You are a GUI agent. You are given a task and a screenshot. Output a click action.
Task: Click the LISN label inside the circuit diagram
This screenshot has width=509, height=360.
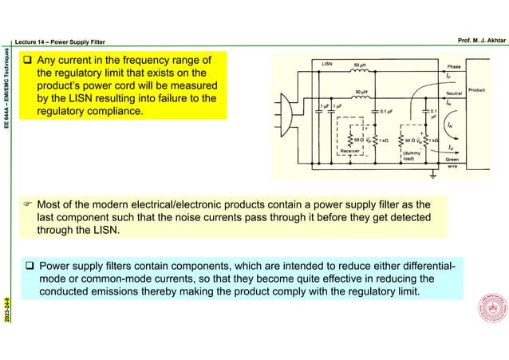pyautogui.click(x=327, y=61)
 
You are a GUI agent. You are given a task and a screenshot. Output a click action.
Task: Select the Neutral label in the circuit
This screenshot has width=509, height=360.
pyautogui.click(x=456, y=93)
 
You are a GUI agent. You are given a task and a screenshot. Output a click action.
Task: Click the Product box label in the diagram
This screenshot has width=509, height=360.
pyautogui.click(x=477, y=90)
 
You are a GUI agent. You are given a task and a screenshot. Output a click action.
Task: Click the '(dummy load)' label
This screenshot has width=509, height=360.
pyautogui.click(x=412, y=155)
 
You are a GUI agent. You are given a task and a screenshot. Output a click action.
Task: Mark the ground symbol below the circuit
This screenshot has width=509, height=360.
pyautogui.click(x=432, y=173)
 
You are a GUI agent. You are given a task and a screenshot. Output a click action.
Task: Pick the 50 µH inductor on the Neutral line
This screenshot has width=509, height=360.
pyautogui.click(x=361, y=97)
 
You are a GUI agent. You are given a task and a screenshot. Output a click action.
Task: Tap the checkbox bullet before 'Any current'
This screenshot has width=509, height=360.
pyautogui.click(x=27, y=60)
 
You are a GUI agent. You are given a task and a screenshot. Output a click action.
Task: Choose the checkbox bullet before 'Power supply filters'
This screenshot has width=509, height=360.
pyautogui.click(x=29, y=266)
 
